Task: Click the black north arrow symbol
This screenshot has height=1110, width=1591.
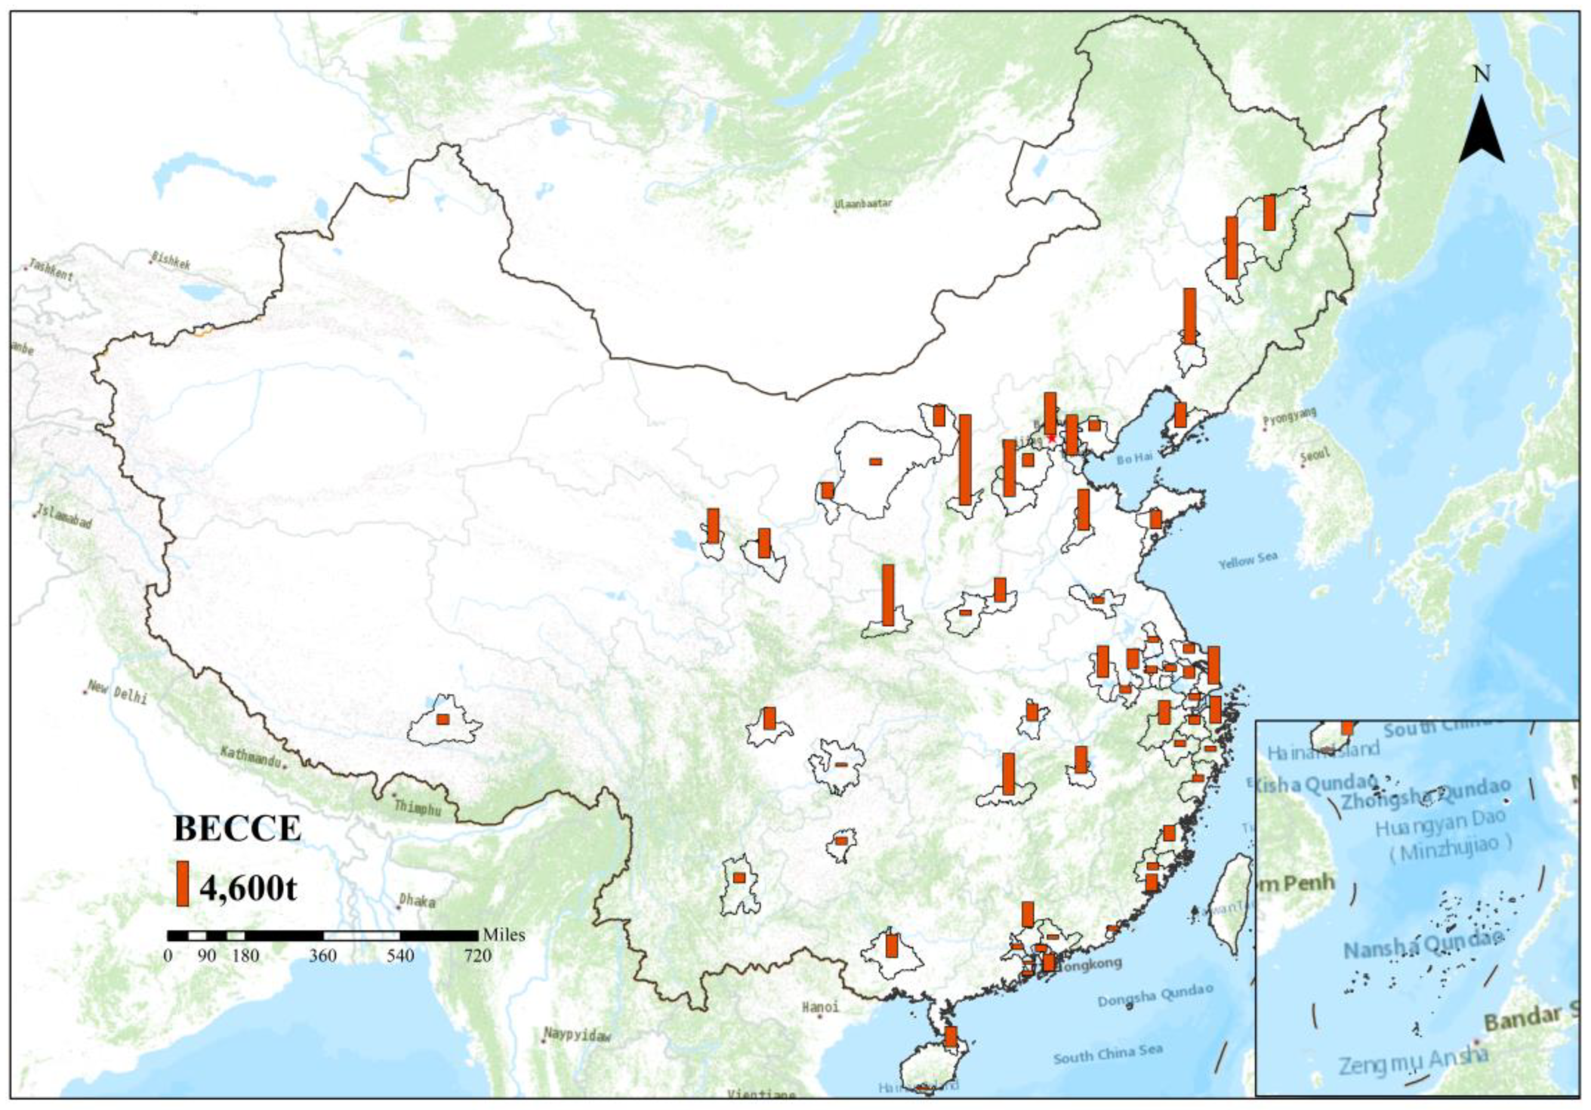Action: tap(1482, 132)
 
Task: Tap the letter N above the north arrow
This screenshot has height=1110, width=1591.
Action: tap(1482, 74)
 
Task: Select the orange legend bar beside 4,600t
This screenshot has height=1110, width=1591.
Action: tap(182, 884)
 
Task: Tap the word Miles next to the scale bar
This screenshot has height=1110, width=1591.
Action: tap(504, 935)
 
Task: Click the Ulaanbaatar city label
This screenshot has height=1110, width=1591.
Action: tap(864, 203)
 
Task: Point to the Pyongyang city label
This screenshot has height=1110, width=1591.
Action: tap(1289, 417)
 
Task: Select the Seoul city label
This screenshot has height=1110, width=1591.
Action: tap(1315, 455)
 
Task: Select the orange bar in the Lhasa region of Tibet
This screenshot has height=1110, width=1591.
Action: tap(443, 719)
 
